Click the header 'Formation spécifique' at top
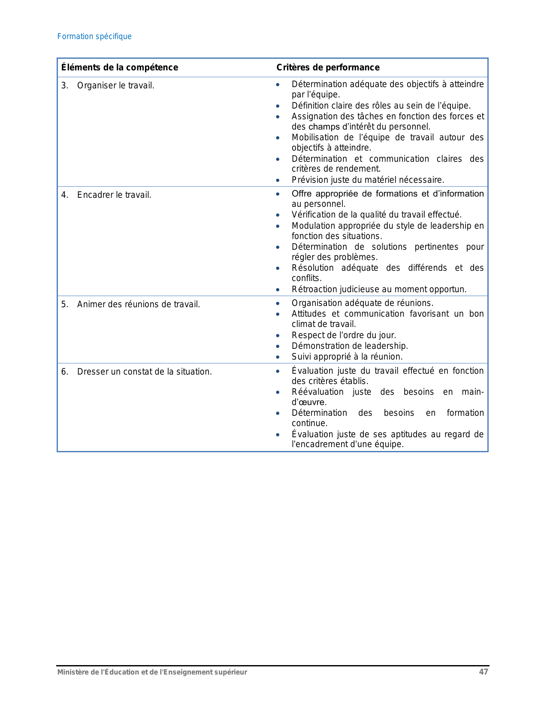94,36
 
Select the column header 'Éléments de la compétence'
119,67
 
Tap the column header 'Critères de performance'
328,67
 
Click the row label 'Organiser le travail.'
115,85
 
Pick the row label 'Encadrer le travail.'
114,195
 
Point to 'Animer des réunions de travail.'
138,304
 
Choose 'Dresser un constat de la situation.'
144,372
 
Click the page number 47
484,672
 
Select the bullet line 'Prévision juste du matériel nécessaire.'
368,180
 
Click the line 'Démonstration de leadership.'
350,346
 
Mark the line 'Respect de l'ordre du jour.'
344,335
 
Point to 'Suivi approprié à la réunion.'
347,357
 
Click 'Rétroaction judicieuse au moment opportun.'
379,289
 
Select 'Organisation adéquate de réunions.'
362,303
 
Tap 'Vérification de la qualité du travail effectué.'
376,215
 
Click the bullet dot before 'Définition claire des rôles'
278,106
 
